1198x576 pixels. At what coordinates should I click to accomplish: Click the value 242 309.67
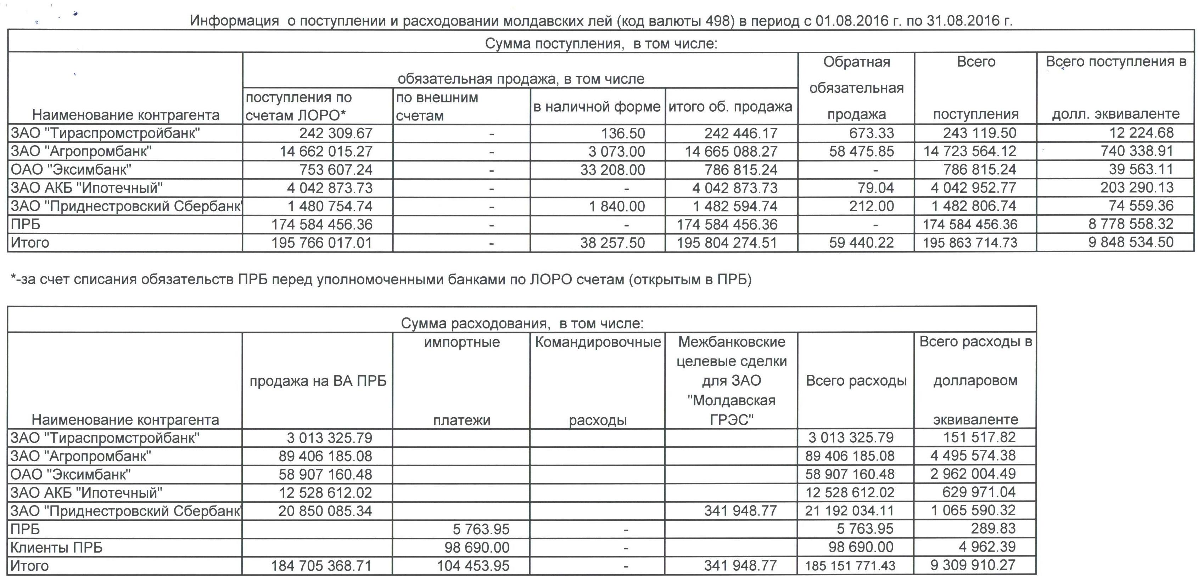pos(336,134)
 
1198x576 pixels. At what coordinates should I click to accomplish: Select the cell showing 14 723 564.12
pos(970,152)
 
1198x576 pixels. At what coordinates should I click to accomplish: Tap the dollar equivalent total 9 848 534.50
pos(1131,243)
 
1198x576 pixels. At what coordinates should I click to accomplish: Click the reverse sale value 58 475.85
pos(861,152)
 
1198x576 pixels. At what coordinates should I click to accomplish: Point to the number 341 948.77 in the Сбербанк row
pos(740,511)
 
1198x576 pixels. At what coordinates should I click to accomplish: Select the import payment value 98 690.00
pos(477,547)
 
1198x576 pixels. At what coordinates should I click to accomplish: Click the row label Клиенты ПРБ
pos(56,548)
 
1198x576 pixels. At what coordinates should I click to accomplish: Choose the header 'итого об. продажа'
pos(730,107)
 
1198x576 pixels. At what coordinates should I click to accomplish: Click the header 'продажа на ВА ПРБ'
pos(318,381)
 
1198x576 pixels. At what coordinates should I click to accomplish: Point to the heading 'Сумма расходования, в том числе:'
pos(522,323)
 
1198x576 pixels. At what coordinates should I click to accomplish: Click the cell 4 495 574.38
pos(973,456)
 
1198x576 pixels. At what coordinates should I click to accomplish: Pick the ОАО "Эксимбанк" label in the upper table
pos(71,170)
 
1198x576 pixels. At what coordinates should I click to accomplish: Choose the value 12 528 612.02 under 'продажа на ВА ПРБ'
pos(325,493)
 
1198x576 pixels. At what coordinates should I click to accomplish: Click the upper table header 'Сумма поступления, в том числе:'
pos(601,44)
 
